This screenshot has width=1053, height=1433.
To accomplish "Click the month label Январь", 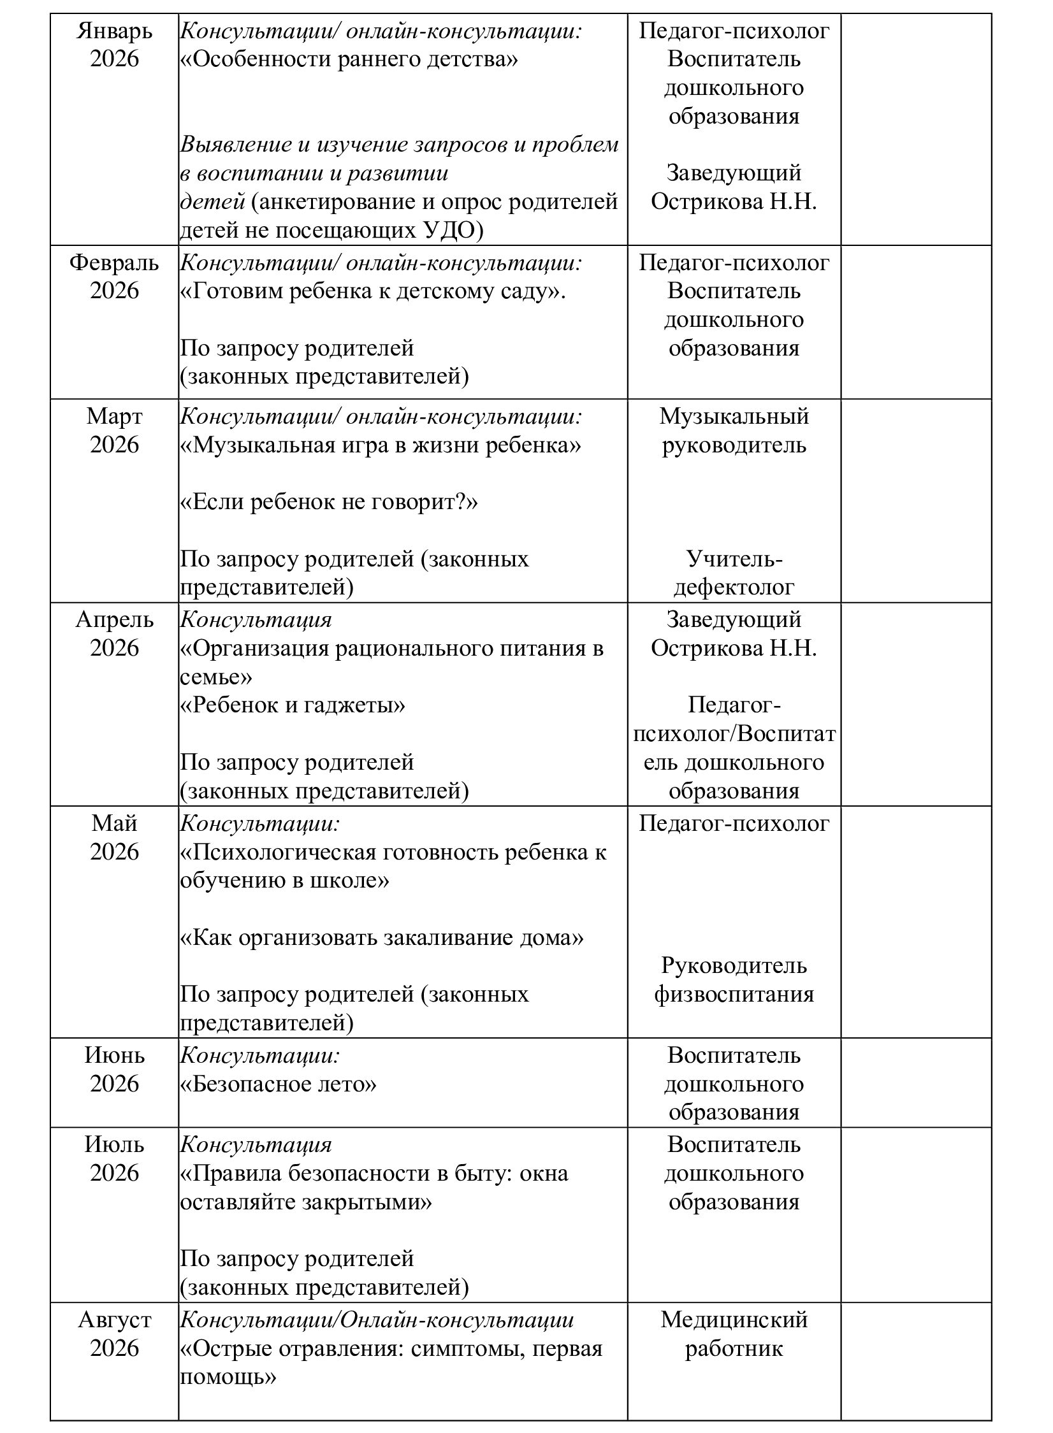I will pos(114,31).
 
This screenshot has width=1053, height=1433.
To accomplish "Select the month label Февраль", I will pos(114,263).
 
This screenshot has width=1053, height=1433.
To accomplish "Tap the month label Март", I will pos(114,417).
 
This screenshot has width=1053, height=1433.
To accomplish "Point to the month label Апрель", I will pos(114,620).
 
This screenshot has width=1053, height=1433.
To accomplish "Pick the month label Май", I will pos(114,824).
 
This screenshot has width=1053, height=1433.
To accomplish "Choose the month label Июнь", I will pos(114,1056).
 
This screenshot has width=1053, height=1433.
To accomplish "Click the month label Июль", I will pos(114,1145).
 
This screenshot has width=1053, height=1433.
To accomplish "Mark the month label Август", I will pos(114,1320).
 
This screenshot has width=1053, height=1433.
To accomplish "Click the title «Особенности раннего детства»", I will pos(349,59).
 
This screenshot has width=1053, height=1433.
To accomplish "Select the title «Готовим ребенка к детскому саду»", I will pos(373,291).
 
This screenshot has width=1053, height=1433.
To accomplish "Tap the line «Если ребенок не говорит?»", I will pos(329,502).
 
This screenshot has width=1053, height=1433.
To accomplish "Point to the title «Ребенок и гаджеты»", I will pos(293,705).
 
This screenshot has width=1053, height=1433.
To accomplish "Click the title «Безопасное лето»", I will pos(278,1084).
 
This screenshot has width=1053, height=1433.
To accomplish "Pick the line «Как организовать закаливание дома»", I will pos(382,938).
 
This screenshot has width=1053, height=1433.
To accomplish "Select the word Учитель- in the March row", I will pos(734,559).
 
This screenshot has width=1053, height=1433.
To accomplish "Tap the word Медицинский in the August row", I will pos(734,1320).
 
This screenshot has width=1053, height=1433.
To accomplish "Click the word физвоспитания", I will pos(734,995).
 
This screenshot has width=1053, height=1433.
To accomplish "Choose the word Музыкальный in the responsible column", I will pos(734,417).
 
